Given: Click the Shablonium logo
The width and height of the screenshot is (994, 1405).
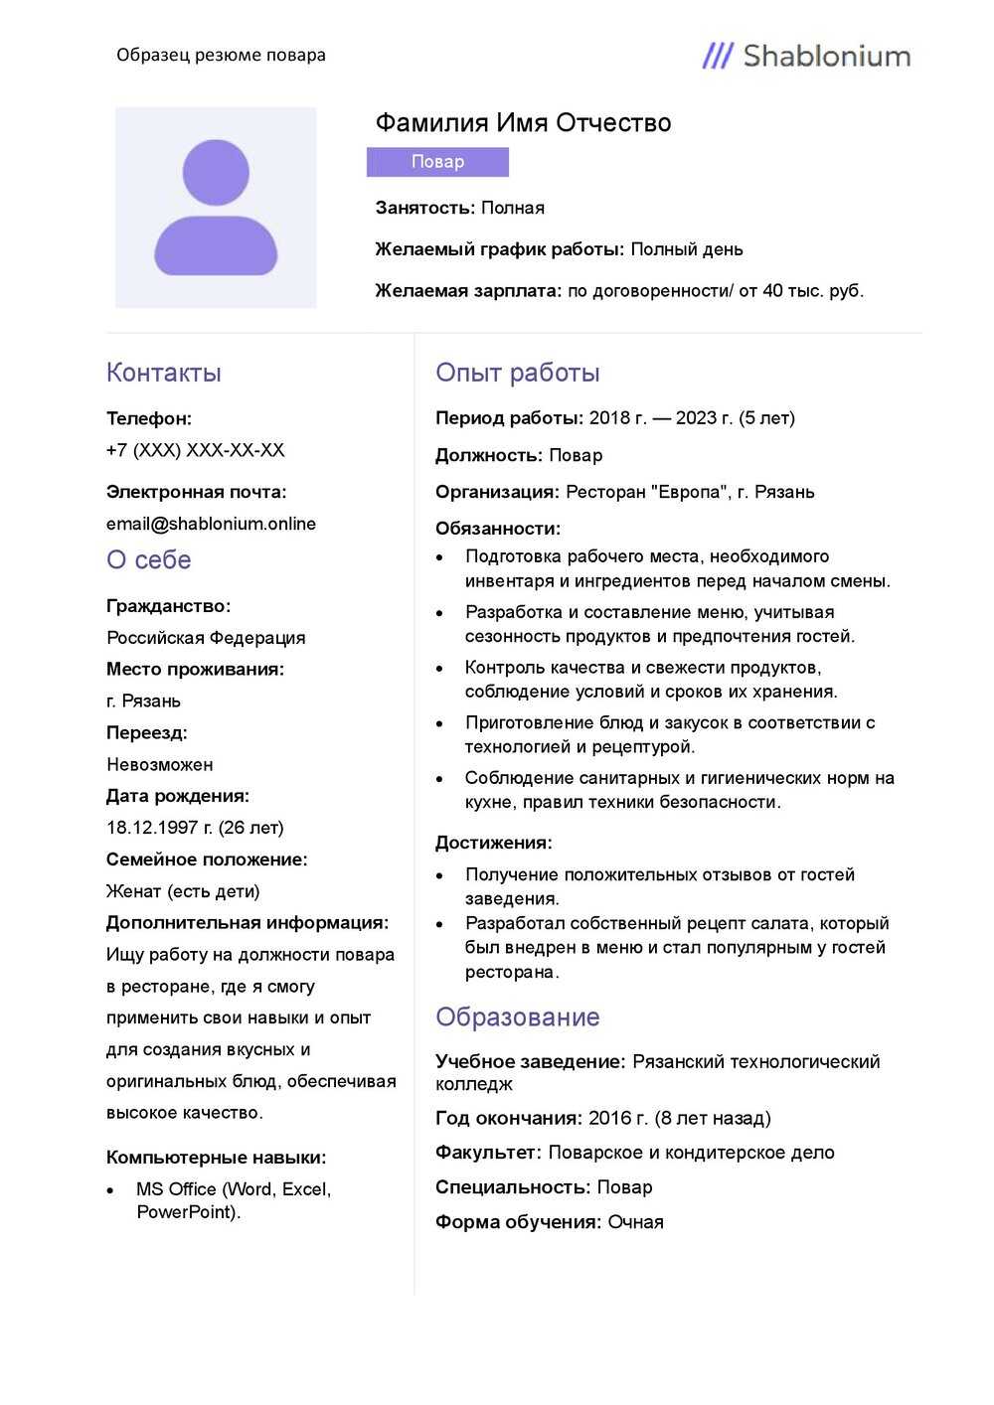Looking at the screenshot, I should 806,56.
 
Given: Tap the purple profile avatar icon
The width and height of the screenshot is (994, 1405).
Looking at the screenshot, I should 216,208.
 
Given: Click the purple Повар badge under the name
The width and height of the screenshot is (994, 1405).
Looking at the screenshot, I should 437,162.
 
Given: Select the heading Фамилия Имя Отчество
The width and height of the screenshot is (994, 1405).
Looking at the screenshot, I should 523,123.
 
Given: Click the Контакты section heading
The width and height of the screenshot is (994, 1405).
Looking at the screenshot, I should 164,373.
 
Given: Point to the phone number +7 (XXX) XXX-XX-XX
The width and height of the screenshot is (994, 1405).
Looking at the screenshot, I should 196,450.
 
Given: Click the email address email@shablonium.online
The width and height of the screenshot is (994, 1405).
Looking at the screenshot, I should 211,524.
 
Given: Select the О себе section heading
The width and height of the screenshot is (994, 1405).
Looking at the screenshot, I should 149,560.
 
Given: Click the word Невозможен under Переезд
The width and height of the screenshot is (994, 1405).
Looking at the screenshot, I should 160,764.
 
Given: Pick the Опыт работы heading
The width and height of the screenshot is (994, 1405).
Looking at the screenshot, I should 517,373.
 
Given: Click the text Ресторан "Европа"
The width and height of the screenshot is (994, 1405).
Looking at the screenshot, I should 646,492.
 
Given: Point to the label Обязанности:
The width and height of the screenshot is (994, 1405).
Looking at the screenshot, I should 498,529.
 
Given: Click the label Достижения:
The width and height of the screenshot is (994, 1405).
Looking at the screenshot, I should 494,843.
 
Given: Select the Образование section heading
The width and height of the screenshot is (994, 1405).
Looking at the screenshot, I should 517,1017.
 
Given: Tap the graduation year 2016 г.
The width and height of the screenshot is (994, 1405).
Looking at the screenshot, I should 617,1118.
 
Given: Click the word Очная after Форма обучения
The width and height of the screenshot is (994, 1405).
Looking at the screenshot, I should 635,1222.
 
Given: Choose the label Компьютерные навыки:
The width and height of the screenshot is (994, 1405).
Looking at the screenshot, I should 217,1158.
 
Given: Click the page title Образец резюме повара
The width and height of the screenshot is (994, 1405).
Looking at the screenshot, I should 221,55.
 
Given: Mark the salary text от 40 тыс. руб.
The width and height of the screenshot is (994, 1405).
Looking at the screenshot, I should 800,291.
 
